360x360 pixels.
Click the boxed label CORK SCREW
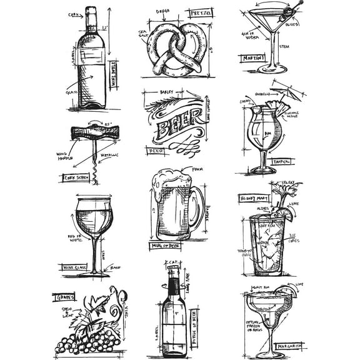(x=76, y=178)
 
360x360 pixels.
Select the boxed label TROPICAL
(x=282, y=161)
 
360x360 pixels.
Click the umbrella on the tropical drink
(x=289, y=91)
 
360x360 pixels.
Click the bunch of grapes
(x=87, y=341)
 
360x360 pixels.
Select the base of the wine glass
(x=94, y=272)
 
